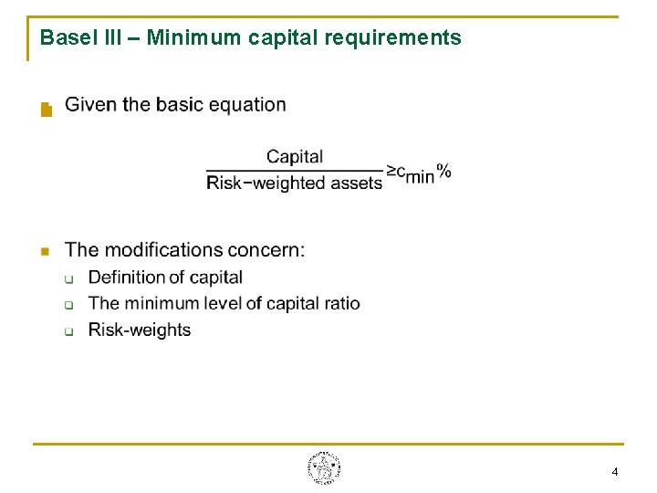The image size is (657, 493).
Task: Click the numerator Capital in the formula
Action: tap(295, 156)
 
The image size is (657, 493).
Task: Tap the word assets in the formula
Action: tap(356, 183)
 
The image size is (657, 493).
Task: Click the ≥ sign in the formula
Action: tap(391, 171)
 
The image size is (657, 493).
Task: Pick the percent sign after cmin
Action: tap(443, 170)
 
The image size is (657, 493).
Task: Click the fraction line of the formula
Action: tap(295, 170)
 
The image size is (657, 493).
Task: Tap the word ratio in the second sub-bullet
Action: tap(343, 303)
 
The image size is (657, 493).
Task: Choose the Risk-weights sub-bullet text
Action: tap(140, 330)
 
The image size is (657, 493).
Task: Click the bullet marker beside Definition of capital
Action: tap(69, 278)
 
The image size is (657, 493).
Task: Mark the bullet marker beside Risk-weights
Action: tap(69, 330)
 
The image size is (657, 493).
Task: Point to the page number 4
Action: tap(614, 472)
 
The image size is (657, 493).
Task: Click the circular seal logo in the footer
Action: tap(324, 468)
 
